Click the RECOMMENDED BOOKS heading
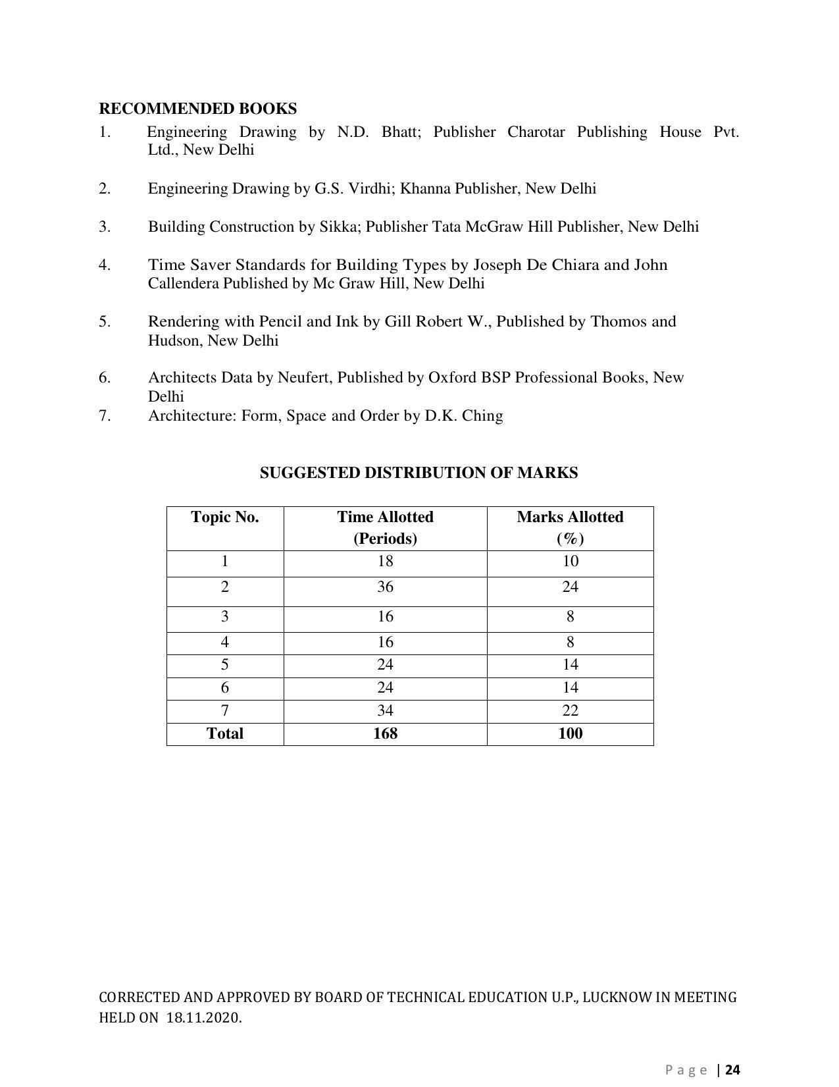(197, 109)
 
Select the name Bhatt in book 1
(401, 132)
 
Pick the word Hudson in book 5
(175, 340)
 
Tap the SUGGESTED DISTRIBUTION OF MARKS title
(419, 473)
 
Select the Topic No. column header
(224, 517)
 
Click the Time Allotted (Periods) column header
(385, 527)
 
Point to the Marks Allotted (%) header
(570, 527)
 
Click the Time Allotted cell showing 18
(385, 561)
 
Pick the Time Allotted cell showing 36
(385, 587)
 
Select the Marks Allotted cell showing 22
(570, 710)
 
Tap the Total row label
(224, 733)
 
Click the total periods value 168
(385, 733)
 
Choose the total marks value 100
(570, 733)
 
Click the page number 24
(733, 1070)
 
